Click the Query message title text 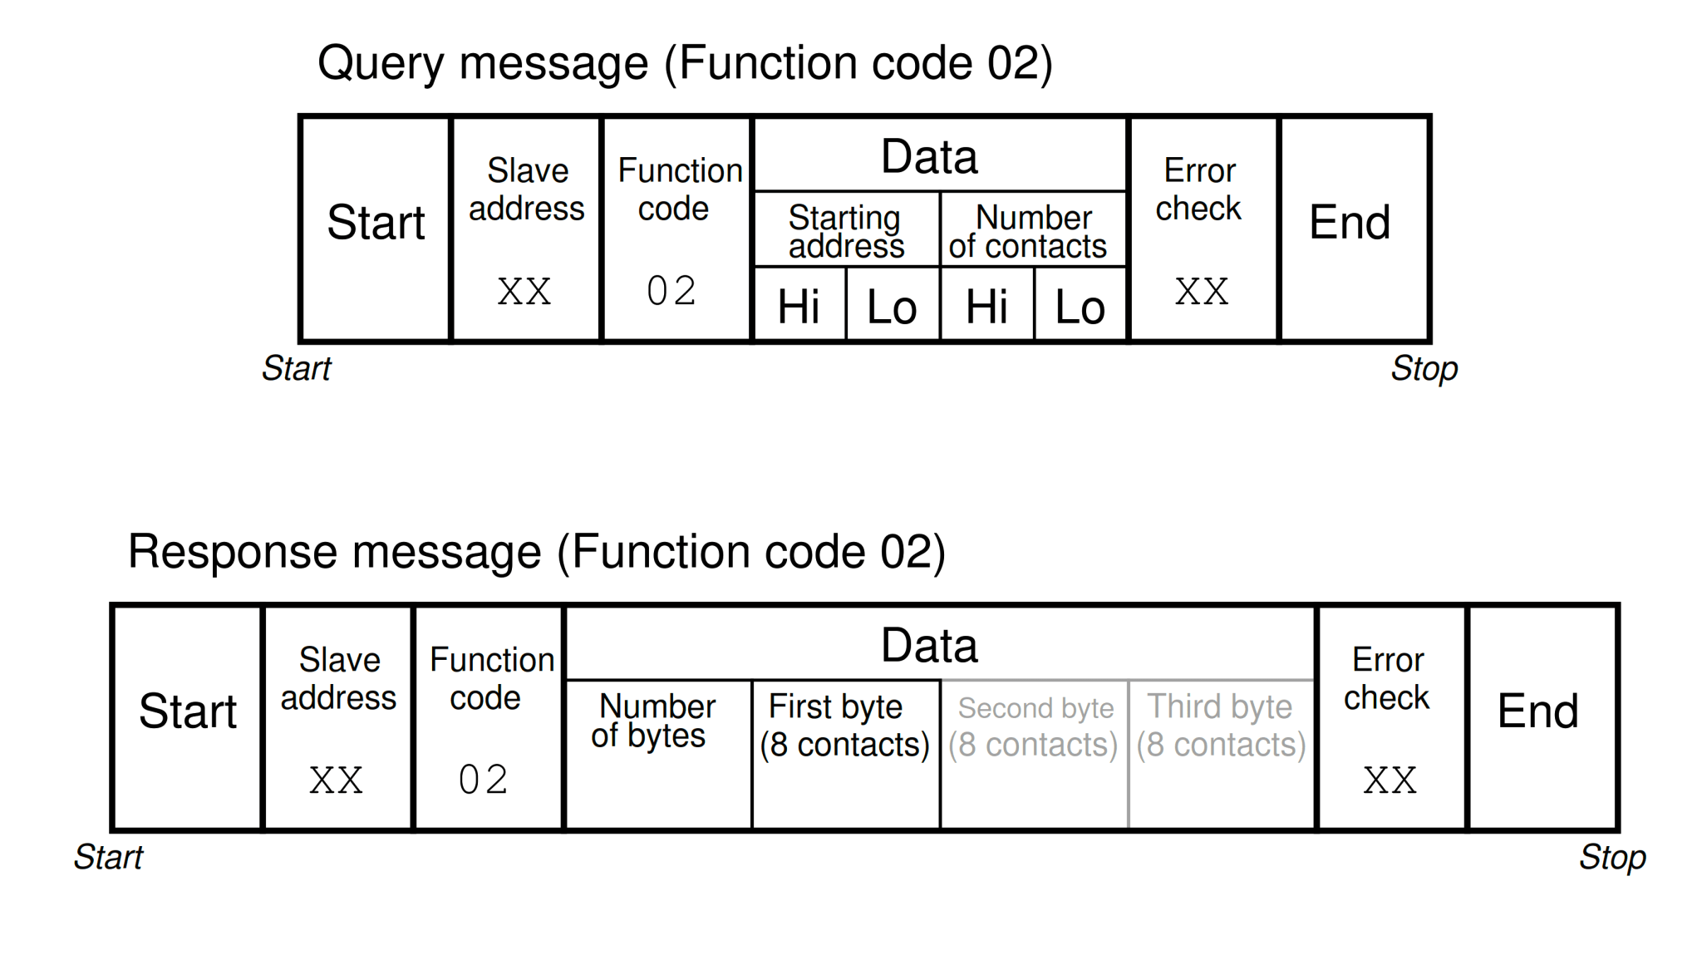(x=685, y=63)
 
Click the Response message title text (x=536, y=552)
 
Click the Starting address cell (x=846, y=230)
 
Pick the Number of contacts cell (x=1032, y=230)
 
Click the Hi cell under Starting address (x=799, y=305)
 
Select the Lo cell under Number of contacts (x=1080, y=305)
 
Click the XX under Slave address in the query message (x=524, y=291)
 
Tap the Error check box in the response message (x=1389, y=716)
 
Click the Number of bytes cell (x=657, y=752)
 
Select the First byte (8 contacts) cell (x=845, y=752)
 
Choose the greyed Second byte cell (x=1034, y=752)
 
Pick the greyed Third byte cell (x=1222, y=752)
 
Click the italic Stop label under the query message (x=1424, y=368)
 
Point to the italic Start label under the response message (x=108, y=857)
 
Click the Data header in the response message (x=929, y=646)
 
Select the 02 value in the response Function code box (x=483, y=780)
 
